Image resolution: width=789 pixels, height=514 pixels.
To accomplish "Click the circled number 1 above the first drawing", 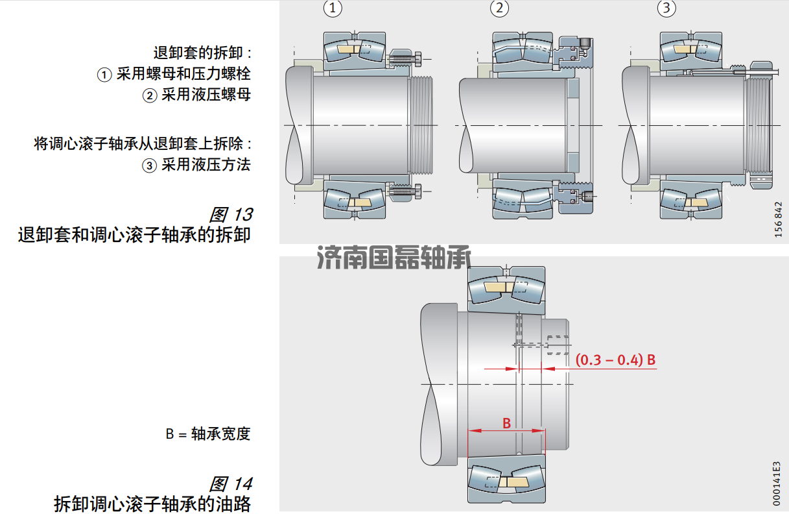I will coord(332,8).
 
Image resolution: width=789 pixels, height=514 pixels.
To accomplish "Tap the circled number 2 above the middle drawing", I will coord(499,8).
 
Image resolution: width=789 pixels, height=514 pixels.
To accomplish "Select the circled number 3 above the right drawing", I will coord(666,8).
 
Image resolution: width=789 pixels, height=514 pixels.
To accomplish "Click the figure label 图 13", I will coord(230,214).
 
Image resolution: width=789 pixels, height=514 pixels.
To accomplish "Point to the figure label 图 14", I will coord(230,484).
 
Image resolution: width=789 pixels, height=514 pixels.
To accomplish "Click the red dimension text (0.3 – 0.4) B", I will coord(615,360).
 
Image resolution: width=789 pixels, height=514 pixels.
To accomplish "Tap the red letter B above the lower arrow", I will coord(507,423).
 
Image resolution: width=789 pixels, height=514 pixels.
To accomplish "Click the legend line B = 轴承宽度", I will coord(207,434).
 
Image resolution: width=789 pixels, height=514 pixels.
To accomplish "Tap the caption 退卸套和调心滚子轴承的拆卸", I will coord(134,234).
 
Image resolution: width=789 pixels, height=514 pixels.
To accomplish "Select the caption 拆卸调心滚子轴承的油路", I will coord(152,504).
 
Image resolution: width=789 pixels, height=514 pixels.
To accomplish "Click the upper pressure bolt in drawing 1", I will coord(406,59).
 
